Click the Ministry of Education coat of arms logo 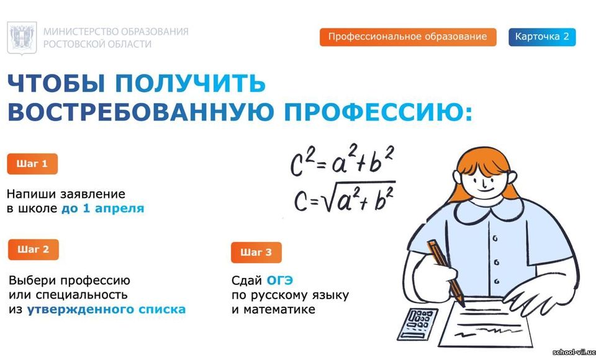22,38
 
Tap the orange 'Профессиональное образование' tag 408,37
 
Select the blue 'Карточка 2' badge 542,37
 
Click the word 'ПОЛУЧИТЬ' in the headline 190,83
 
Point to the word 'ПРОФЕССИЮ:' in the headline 379,112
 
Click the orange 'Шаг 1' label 32,164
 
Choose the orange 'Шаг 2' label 34,250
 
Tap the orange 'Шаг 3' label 256,253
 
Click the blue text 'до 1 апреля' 103,209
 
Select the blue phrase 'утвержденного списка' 106,310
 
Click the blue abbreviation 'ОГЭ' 280,281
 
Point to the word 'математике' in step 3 279,310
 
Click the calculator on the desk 417,324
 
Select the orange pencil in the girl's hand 446,272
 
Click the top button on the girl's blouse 495,239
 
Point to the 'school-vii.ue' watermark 574,353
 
